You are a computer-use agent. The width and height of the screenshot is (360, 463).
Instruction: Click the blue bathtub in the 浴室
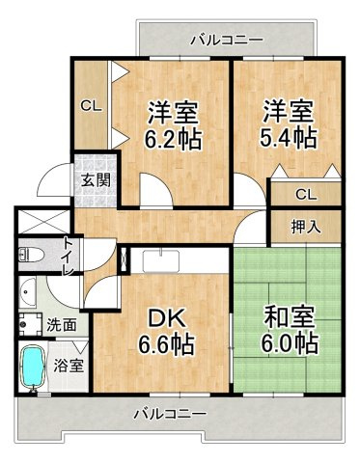(33, 368)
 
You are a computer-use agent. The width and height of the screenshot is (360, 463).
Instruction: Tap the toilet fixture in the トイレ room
(31, 255)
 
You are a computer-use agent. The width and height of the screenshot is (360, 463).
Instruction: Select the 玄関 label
(96, 180)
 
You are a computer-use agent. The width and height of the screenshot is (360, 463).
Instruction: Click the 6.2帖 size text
(174, 139)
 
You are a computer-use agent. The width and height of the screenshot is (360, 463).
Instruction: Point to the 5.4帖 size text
(289, 137)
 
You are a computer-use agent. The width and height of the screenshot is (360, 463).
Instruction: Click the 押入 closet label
(306, 227)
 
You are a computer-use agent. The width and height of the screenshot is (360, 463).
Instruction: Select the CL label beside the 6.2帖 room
(91, 106)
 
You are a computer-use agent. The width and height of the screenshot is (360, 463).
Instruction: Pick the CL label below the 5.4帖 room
(306, 194)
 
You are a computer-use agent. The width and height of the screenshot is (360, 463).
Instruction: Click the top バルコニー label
(228, 41)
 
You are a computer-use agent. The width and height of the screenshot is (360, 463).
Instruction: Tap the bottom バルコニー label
(171, 414)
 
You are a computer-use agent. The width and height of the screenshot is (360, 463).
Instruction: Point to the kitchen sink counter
(161, 260)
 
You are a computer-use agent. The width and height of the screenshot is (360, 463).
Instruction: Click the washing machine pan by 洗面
(30, 324)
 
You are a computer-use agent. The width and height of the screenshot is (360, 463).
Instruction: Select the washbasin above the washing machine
(27, 292)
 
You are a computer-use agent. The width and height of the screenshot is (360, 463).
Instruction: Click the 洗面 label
(62, 325)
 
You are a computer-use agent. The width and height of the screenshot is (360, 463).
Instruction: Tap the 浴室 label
(69, 366)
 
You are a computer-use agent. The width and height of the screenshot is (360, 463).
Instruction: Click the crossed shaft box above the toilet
(43, 222)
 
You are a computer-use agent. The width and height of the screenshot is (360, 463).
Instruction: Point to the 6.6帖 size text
(166, 344)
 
